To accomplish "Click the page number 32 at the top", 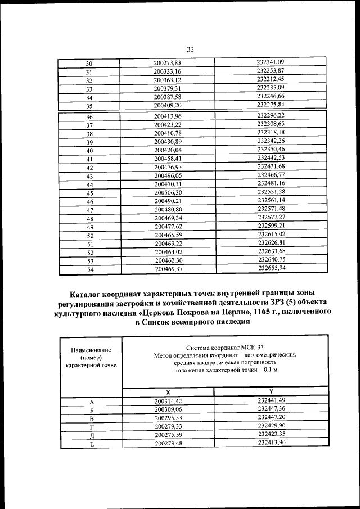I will [190, 49].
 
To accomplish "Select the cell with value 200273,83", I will [166, 63].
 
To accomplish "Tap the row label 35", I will [89, 106].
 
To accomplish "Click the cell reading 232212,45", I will [271, 79].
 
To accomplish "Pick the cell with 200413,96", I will [166, 116].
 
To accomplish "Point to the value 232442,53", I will [271, 159].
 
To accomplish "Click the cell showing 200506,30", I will [167, 192].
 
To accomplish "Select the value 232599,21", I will [271, 226].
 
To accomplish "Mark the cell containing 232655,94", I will [271, 269].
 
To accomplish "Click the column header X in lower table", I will [168, 391].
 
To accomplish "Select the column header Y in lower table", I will [272, 391].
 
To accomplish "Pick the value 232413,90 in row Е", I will [272, 443].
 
